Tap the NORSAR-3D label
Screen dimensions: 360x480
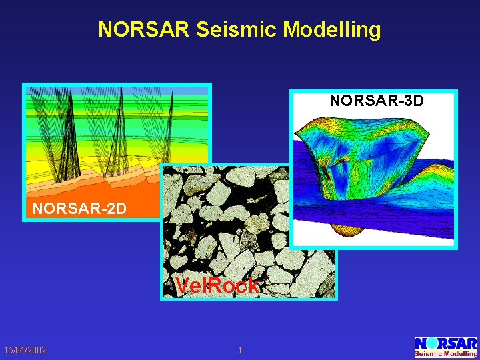point(377,101)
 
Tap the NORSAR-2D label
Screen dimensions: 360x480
point(79,209)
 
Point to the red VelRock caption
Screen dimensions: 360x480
point(217,286)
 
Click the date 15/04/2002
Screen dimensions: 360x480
point(25,351)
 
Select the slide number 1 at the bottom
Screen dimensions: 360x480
point(240,351)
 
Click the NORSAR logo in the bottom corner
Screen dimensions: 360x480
point(445,347)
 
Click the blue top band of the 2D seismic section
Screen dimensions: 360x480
point(117,90)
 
